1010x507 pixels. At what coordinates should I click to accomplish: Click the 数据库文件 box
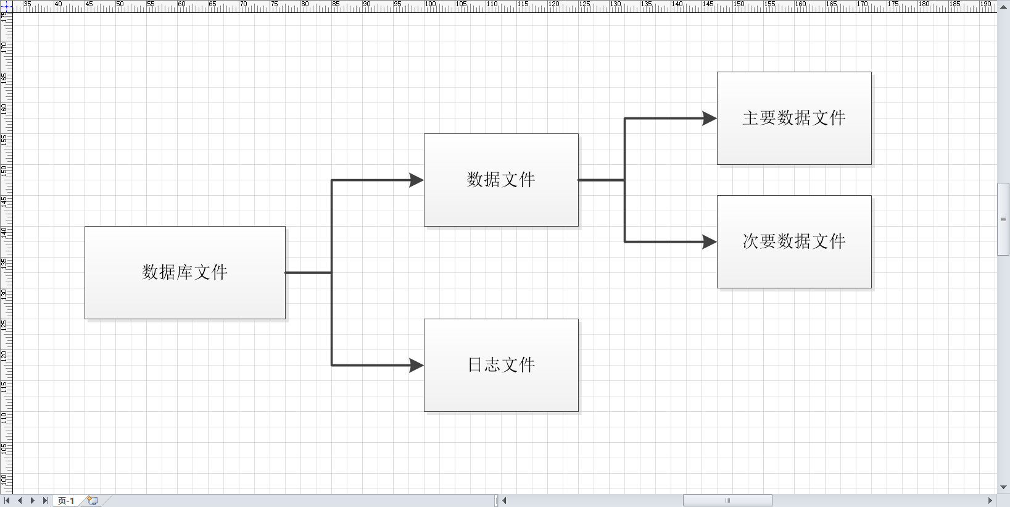click(185, 272)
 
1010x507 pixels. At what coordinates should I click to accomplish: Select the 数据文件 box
click(501, 180)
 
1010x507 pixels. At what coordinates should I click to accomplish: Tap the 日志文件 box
click(501, 365)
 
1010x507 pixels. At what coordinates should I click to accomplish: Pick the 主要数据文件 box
click(794, 118)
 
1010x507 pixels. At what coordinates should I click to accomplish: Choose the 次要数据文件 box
click(794, 241)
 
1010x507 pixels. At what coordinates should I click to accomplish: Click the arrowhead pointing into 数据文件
click(417, 180)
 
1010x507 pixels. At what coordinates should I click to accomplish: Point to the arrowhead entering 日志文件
click(417, 366)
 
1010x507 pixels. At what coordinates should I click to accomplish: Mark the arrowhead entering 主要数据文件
click(710, 119)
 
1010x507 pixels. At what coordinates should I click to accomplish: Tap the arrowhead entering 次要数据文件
click(710, 242)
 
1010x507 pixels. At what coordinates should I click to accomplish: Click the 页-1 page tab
click(66, 501)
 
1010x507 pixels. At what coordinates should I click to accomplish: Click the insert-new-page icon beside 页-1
click(93, 501)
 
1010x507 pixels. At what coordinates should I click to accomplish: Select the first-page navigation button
click(7, 501)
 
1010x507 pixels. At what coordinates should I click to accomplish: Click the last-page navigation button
click(45, 501)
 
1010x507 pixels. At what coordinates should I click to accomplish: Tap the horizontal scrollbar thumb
click(727, 501)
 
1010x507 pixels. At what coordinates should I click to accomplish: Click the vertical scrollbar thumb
click(1003, 219)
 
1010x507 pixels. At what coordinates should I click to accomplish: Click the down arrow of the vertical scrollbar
click(1003, 487)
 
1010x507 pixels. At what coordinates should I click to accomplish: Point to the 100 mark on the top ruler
click(430, 4)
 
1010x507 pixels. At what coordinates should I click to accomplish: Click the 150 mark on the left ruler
click(4, 170)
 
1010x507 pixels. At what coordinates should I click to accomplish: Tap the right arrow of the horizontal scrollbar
click(990, 501)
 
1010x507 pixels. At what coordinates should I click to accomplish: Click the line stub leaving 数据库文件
click(308, 272)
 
